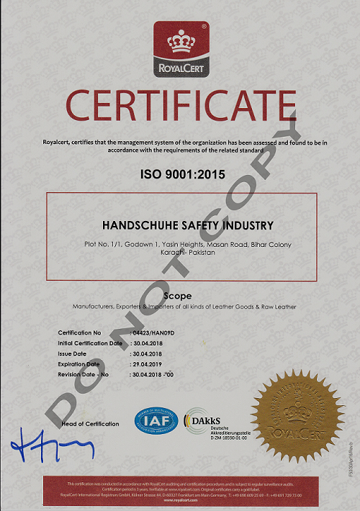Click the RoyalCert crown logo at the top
pos(180,48)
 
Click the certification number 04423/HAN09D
pos(154,333)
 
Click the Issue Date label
pos(73,354)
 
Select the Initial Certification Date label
pos(90,343)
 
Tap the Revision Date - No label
pos(82,374)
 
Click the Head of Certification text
pos(91,424)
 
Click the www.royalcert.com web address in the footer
pos(180,499)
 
